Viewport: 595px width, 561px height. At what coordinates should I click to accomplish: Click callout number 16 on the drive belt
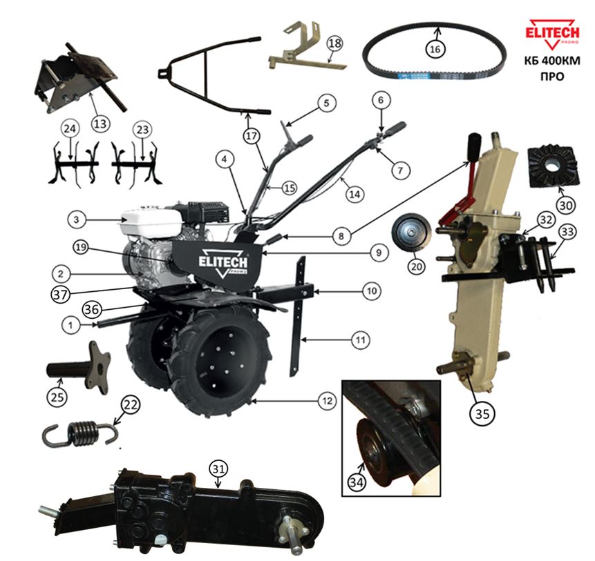(435, 49)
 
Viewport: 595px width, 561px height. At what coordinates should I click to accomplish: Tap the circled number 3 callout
(77, 219)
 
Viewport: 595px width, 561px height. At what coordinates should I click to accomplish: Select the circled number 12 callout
(328, 401)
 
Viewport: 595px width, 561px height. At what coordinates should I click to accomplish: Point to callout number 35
(482, 413)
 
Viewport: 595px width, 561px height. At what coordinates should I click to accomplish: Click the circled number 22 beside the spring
(130, 405)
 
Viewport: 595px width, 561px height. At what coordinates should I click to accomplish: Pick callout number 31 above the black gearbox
(218, 469)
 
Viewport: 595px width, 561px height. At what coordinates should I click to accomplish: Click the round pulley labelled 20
(412, 231)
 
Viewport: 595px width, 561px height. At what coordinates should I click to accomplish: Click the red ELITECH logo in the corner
(552, 34)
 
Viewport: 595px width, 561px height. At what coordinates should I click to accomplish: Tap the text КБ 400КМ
(552, 61)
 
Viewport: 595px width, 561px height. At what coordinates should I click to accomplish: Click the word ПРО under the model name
(552, 76)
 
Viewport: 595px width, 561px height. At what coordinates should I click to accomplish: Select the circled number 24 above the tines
(70, 129)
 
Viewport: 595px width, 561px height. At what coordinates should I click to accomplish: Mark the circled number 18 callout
(334, 43)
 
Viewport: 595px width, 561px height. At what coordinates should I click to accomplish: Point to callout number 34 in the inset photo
(357, 482)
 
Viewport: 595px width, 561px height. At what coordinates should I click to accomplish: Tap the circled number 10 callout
(372, 291)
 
